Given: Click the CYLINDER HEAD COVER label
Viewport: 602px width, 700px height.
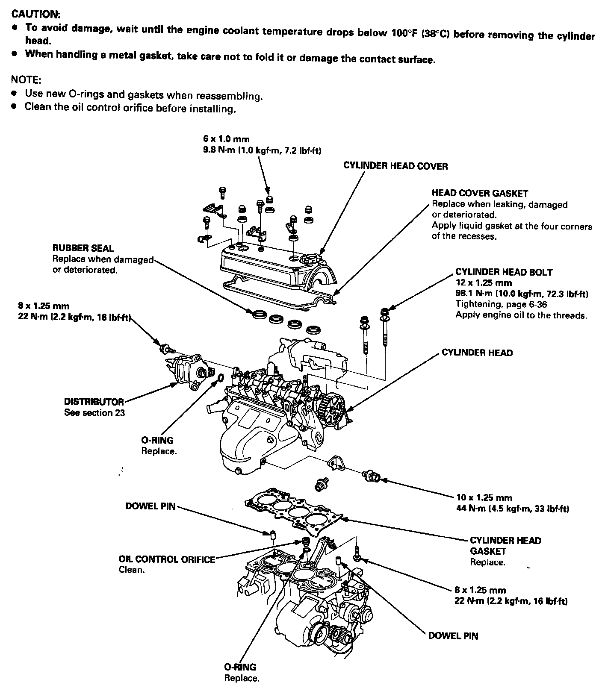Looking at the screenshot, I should (395, 166).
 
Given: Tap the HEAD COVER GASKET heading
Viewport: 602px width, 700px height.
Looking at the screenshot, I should (480, 194).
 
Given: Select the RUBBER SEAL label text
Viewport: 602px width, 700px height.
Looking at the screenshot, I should (83, 248).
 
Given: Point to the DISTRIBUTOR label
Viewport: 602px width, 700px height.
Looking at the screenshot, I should (94, 402).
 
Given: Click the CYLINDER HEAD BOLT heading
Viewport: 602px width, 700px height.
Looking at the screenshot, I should (504, 272).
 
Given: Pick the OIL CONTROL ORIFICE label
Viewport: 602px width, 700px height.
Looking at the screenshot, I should (167, 559).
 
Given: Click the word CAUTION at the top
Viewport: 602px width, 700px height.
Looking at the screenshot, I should (35, 14).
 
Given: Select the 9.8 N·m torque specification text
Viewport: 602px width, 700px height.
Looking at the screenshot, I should (262, 150).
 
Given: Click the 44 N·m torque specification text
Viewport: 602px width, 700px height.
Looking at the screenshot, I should (513, 509).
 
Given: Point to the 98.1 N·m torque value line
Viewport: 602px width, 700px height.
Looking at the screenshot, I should (522, 294).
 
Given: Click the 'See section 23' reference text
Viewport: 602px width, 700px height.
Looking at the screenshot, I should (94, 413).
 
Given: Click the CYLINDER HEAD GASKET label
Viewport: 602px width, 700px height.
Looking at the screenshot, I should (505, 546).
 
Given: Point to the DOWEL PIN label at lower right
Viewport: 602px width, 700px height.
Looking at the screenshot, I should (453, 636).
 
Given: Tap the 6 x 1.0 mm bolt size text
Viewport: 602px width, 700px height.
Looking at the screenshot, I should (226, 139).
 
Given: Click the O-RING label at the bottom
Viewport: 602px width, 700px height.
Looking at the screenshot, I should (240, 667).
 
